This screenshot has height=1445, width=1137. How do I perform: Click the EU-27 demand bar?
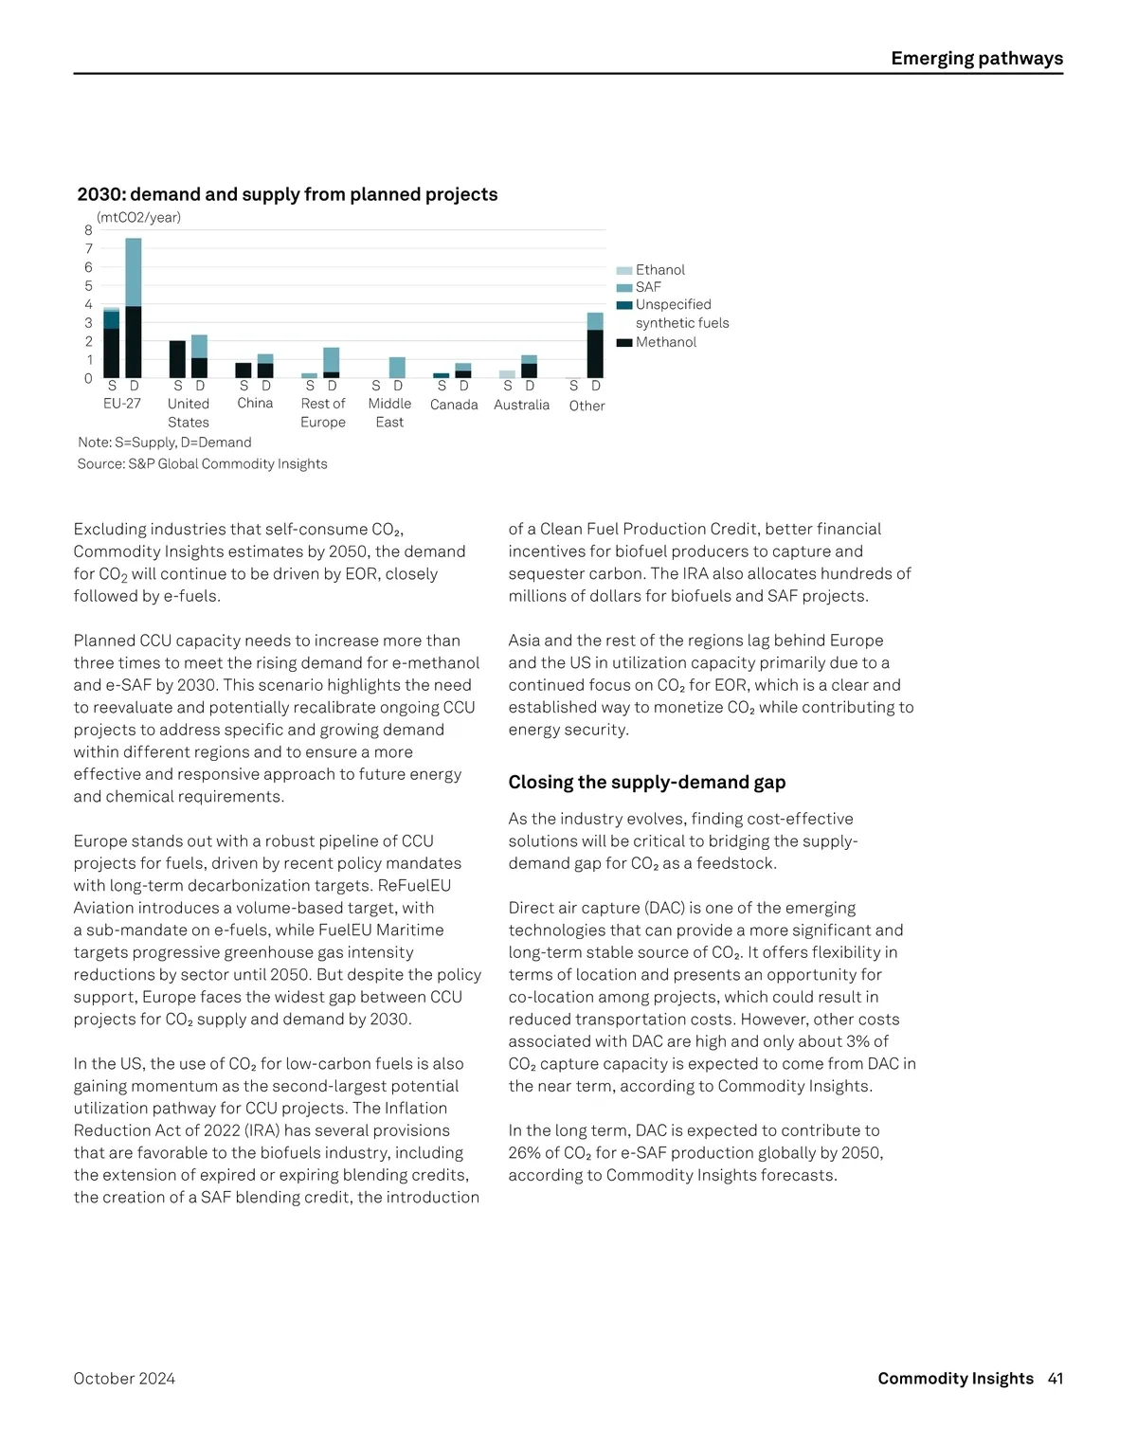[134, 308]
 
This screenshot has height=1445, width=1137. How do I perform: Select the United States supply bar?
[177, 359]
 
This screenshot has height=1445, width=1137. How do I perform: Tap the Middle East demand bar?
[397, 368]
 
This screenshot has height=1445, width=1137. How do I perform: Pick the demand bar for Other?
[595, 345]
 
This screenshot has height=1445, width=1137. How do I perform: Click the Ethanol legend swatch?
[623, 271]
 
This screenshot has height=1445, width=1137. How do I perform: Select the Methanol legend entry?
[665, 342]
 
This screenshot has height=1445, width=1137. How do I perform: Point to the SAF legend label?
[648, 287]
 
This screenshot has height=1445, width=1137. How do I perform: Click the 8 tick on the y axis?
[88, 230]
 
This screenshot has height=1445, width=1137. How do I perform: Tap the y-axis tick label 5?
[88, 285]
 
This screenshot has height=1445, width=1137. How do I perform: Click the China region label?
[255, 403]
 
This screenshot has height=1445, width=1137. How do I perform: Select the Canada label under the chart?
[454, 405]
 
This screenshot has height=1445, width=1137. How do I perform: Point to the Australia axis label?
[521, 405]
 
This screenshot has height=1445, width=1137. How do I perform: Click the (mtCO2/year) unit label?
[138, 217]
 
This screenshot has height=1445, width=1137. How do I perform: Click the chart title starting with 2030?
[287, 194]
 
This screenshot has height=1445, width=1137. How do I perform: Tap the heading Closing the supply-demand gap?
[646, 782]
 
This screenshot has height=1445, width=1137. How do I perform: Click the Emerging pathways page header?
[976, 59]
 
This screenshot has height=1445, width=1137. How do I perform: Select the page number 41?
[1056, 1379]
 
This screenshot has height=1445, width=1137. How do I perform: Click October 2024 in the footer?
[124, 1379]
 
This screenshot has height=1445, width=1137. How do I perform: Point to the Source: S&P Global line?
[202, 464]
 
